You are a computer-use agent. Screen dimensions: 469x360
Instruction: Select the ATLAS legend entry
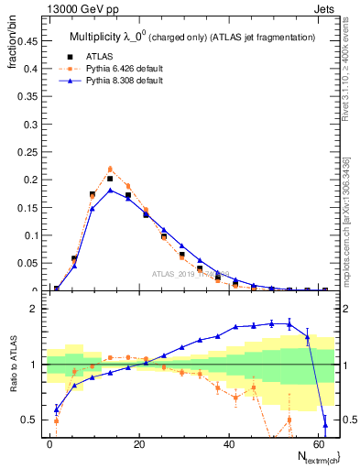(x=98, y=54)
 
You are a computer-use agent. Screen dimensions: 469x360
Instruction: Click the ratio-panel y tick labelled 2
(x=33, y=309)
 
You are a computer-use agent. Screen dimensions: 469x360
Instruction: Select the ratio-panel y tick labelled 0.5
(x=29, y=420)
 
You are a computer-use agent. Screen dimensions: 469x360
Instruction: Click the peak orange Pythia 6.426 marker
(x=110, y=169)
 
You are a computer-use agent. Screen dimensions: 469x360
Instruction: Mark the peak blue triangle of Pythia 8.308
(x=110, y=190)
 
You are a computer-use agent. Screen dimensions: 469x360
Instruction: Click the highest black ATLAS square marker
(x=110, y=179)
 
